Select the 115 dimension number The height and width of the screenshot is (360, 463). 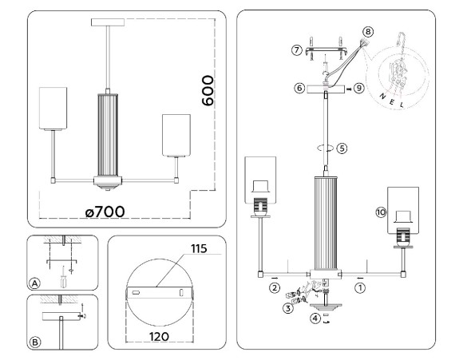click(197, 250)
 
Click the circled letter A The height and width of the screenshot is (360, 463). click(34, 283)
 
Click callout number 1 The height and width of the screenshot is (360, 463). click(360, 286)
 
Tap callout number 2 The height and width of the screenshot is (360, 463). click(274, 286)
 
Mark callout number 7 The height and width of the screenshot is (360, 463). click(296, 50)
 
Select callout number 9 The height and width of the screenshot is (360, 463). click(360, 89)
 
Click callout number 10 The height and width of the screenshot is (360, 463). click(380, 212)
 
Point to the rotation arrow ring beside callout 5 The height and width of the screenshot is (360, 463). click(324, 147)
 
